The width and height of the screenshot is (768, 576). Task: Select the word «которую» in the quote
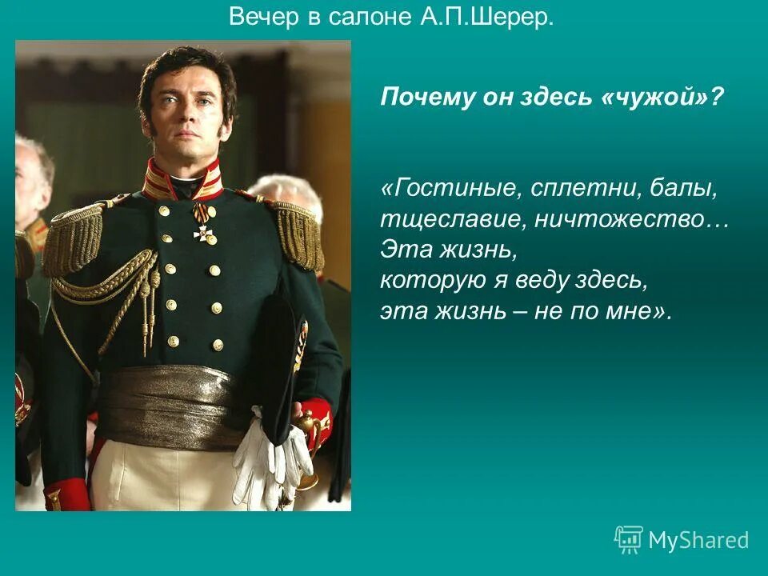click(425, 282)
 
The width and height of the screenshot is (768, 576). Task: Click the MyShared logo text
click(698, 541)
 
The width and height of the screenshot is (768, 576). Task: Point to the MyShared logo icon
click(628, 541)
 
